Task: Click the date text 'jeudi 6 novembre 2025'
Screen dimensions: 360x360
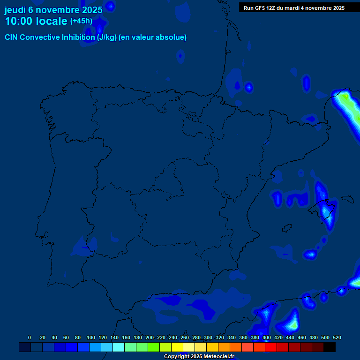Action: tap(53, 9)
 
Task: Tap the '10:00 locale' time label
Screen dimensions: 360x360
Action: tap(36, 21)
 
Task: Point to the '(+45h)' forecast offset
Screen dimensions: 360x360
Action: tap(81, 21)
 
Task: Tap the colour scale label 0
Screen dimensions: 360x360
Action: tap(30, 337)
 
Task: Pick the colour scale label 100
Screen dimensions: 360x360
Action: tap(91, 337)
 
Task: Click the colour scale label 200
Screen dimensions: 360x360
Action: tap(150, 337)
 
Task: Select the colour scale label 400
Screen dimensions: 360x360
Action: tap(267, 337)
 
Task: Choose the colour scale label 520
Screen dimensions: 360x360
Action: tap(337, 337)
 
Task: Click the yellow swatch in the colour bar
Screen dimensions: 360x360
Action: tap(177, 347)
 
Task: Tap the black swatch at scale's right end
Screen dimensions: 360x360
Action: tap(330, 347)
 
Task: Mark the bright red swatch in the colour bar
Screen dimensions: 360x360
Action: tap(271, 347)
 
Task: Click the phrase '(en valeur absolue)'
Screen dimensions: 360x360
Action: tap(153, 37)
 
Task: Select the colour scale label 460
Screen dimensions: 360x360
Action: tap(302, 337)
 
